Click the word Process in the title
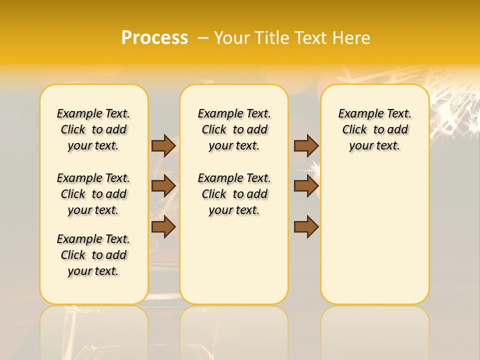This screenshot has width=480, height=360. [154, 37]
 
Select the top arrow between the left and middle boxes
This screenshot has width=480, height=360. [163, 145]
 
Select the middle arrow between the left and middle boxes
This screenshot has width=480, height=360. [163, 185]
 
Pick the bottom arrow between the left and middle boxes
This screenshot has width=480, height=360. [163, 226]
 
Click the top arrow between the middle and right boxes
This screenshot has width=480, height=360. [306, 145]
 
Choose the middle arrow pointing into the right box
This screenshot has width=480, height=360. [306, 185]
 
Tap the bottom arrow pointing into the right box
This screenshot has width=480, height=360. [306, 226]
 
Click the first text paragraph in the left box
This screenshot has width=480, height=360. [93, 129]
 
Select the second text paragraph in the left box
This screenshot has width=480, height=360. [93, 194]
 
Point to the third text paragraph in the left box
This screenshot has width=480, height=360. [93, 255]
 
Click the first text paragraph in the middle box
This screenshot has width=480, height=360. [234, 129]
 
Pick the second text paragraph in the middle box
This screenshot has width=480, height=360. [234, 194]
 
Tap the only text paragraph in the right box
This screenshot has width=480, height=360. [374, 129]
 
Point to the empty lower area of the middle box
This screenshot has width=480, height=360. [234, 260]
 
